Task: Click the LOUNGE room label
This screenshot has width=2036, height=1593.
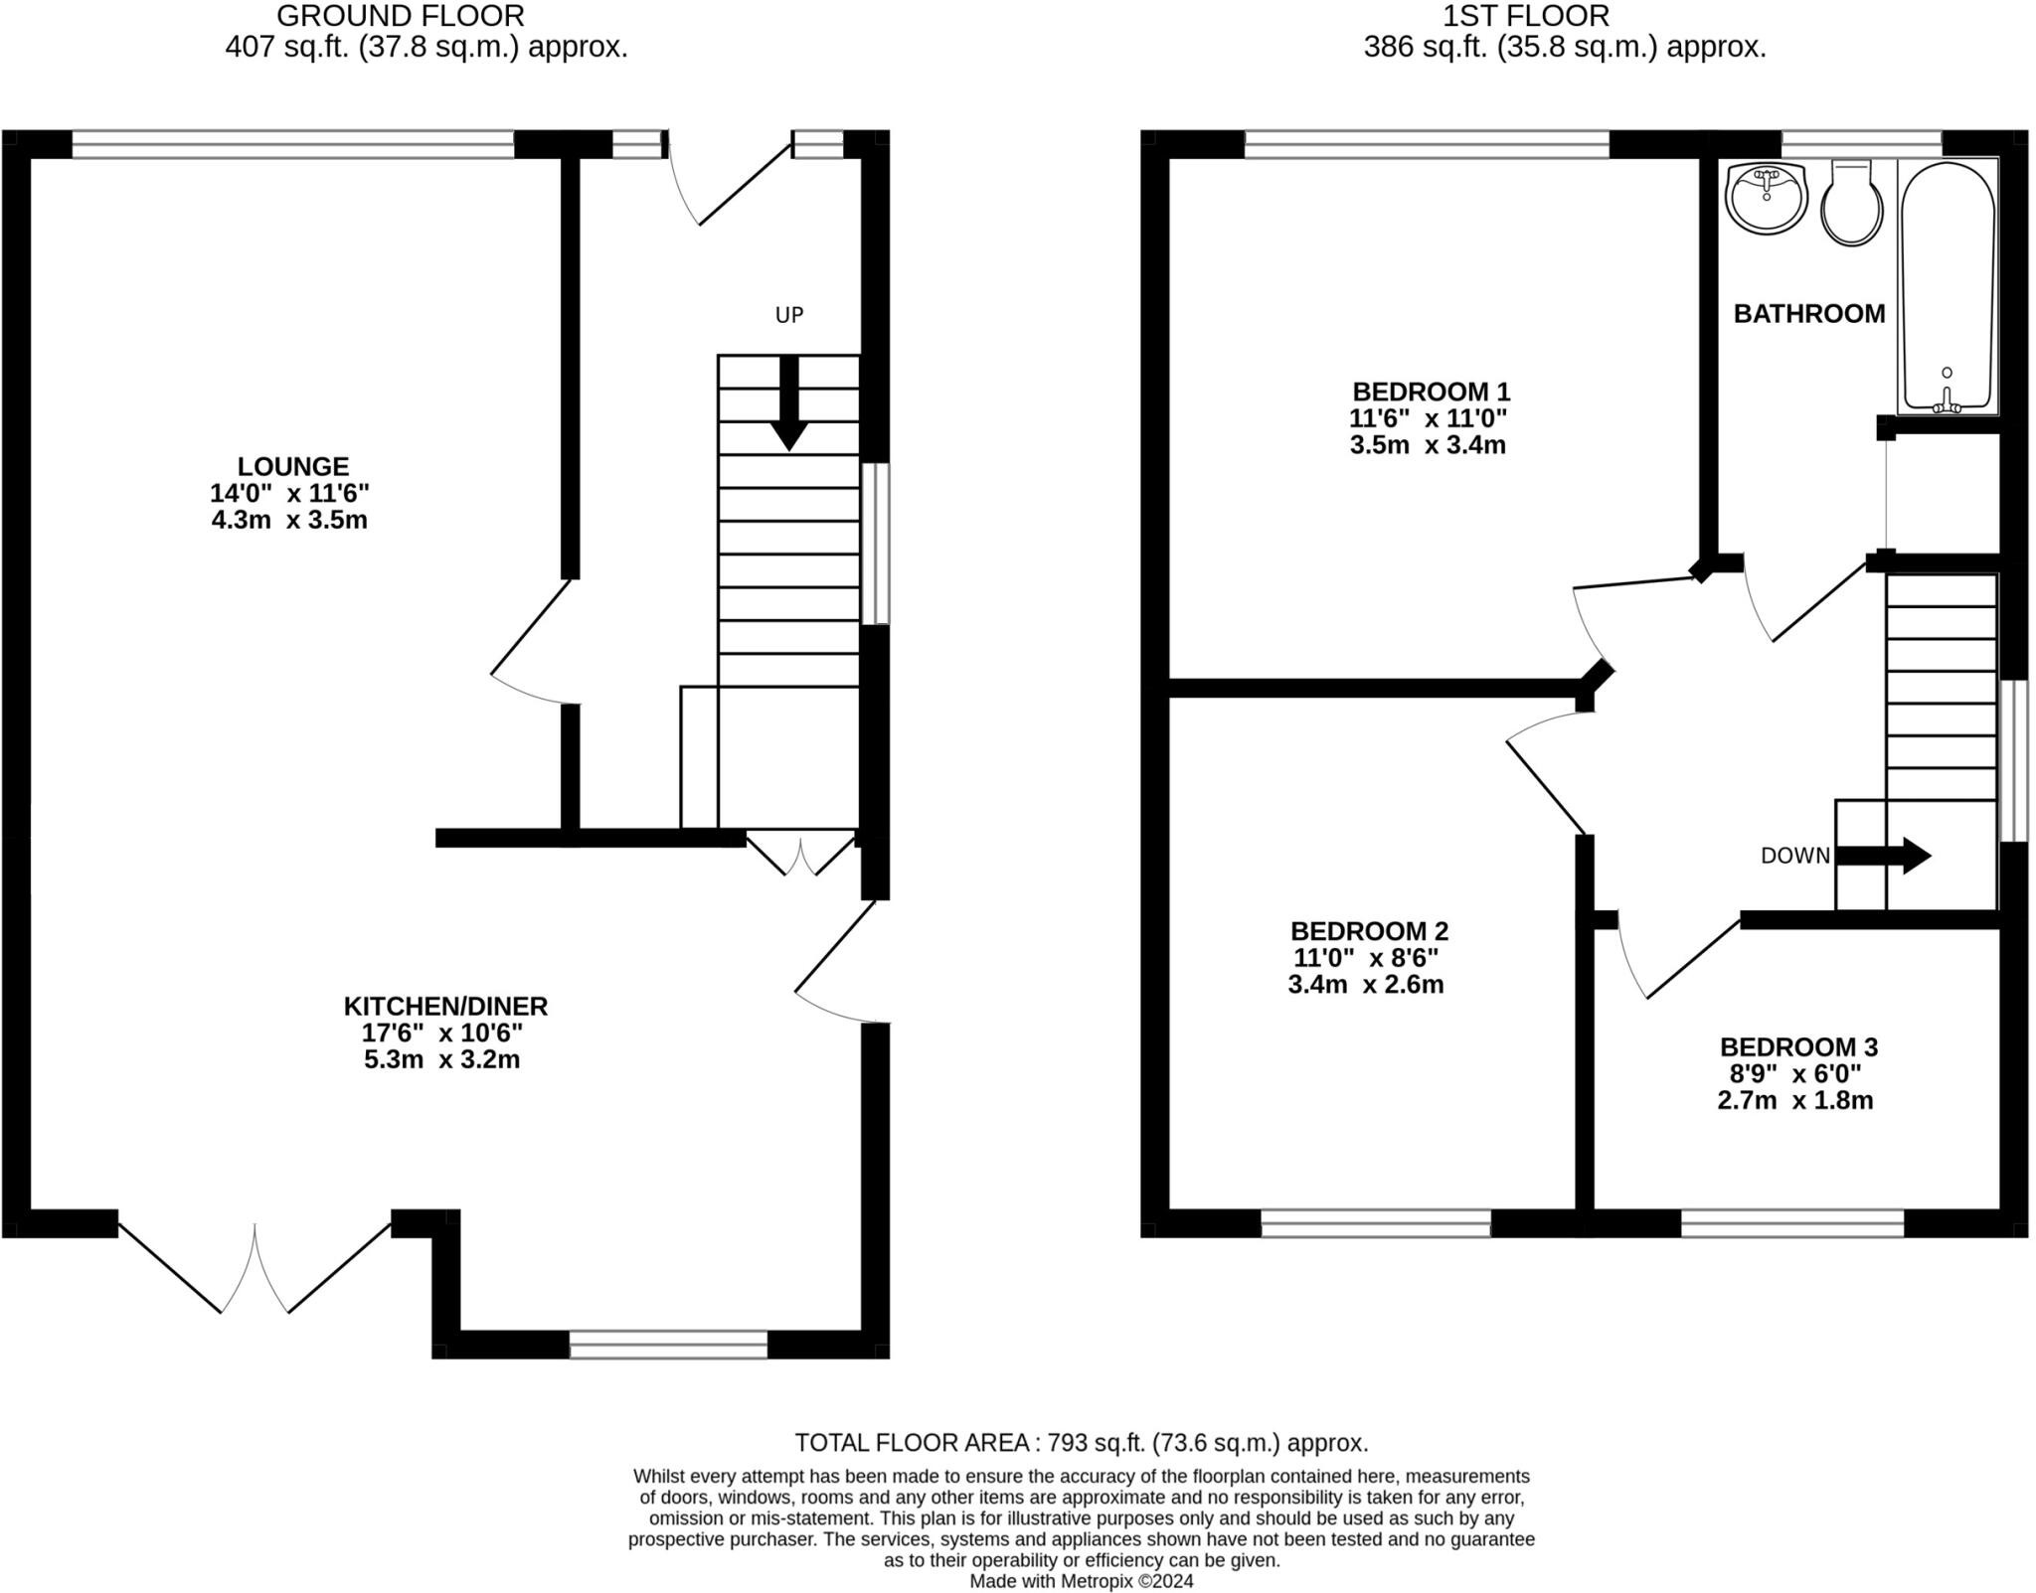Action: coord(293,466)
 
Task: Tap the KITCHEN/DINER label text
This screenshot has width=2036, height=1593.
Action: coord(445,1006)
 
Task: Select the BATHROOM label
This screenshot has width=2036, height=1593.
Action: coord(1809,314)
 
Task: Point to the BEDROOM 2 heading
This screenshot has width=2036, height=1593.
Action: coord(1369,931)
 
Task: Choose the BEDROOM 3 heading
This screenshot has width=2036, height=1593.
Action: coord(1798,1046)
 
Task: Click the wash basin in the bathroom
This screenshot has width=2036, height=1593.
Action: coord(1766,199)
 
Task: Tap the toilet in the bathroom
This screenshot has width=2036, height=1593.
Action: coord(1851,204)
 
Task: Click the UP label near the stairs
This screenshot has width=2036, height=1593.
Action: coord(789,315)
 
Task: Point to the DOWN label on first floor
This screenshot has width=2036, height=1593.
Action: coord(1795,856)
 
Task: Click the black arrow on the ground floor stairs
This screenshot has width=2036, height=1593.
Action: coord(789,402)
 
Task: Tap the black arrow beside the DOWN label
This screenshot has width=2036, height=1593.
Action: coord(1883,856)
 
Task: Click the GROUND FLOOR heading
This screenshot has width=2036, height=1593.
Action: coord(401,16)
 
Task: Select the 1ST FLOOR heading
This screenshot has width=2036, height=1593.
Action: coord(1526,16)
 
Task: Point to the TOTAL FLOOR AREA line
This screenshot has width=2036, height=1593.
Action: coord(1082,1442)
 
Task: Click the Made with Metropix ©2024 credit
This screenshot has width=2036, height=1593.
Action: coord(1082,1581)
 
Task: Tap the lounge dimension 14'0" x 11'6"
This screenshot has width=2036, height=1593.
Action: coord(289,493)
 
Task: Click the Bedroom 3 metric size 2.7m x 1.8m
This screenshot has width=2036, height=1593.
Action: coord(1795,1101)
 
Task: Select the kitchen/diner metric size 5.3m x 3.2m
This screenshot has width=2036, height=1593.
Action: coord(441,1059)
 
